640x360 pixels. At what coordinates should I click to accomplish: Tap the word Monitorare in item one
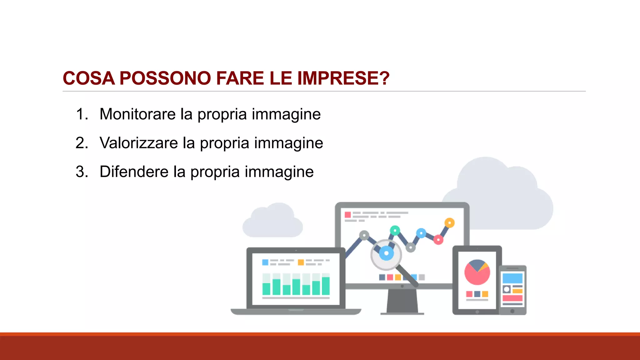[x=137, y=114]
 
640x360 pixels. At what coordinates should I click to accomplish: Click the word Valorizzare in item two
[x=139, y=143]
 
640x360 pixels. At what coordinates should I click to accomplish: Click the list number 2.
[x=82, y=143]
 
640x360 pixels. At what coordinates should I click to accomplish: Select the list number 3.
[x=82, y=172]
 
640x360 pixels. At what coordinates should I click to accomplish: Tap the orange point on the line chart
[x=449, y=223]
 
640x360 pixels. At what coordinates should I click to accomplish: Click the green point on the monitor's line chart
[x=395, y=231]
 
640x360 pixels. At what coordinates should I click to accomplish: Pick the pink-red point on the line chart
[x=438, y=240]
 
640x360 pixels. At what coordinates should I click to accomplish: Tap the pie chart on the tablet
[x=477, y=272]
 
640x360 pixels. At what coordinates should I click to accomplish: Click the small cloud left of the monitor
[x=272, y=222]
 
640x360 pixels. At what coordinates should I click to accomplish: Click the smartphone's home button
[x=512, y=311]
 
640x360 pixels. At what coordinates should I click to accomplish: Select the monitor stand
[x=402, y=301]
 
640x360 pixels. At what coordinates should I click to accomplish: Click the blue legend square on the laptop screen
[x=265, y=262]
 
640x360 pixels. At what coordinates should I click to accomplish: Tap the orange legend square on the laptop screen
[x=301, y=262]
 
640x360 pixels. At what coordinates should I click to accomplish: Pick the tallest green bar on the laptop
[x=326, y=286]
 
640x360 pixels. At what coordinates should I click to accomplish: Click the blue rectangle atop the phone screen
[x=512, y=278]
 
